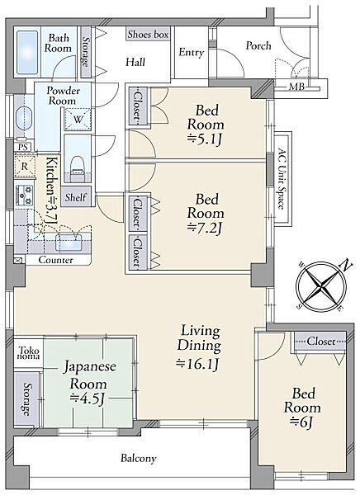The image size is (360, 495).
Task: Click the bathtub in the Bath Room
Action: point(27,53)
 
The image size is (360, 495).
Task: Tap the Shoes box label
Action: point(148,34)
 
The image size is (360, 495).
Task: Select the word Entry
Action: point(192,53)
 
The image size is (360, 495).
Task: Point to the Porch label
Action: point(258,45)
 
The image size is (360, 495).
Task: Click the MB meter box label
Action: point(296,86)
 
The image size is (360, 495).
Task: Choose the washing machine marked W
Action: point(78,119)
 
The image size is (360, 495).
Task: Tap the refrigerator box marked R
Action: point(25,166)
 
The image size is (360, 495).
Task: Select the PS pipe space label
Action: point(23,147)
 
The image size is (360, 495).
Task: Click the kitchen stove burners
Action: point(24,196)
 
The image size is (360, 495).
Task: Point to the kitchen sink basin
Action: point(69,243)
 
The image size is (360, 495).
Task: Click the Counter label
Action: point(55,260)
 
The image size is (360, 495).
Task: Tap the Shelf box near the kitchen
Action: point(76,197)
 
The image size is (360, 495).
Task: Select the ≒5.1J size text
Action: point(204,139)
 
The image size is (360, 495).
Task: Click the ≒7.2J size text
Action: point(204,228)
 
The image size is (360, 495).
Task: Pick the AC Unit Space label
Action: point(282,179)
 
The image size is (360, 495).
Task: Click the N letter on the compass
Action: point(347,265)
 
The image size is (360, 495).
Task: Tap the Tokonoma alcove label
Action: point(29,353)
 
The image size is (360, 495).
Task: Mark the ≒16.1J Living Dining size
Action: point(197,364)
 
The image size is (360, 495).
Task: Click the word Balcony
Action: point(139,458)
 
